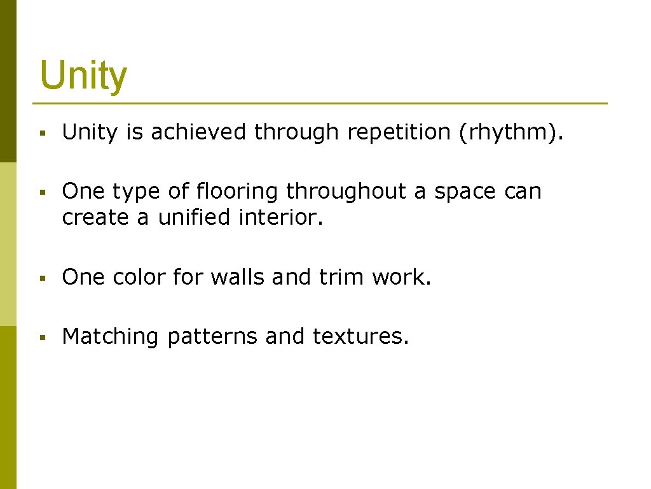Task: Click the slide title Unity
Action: (83, 76)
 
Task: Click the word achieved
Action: (199, 132)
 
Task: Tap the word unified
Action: (195, 218)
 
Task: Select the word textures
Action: (360, 336)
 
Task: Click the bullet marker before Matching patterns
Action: (41, 337)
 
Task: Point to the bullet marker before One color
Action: (41, 278)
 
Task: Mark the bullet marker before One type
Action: (41, 192)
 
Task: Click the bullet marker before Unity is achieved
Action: (41, 133)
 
